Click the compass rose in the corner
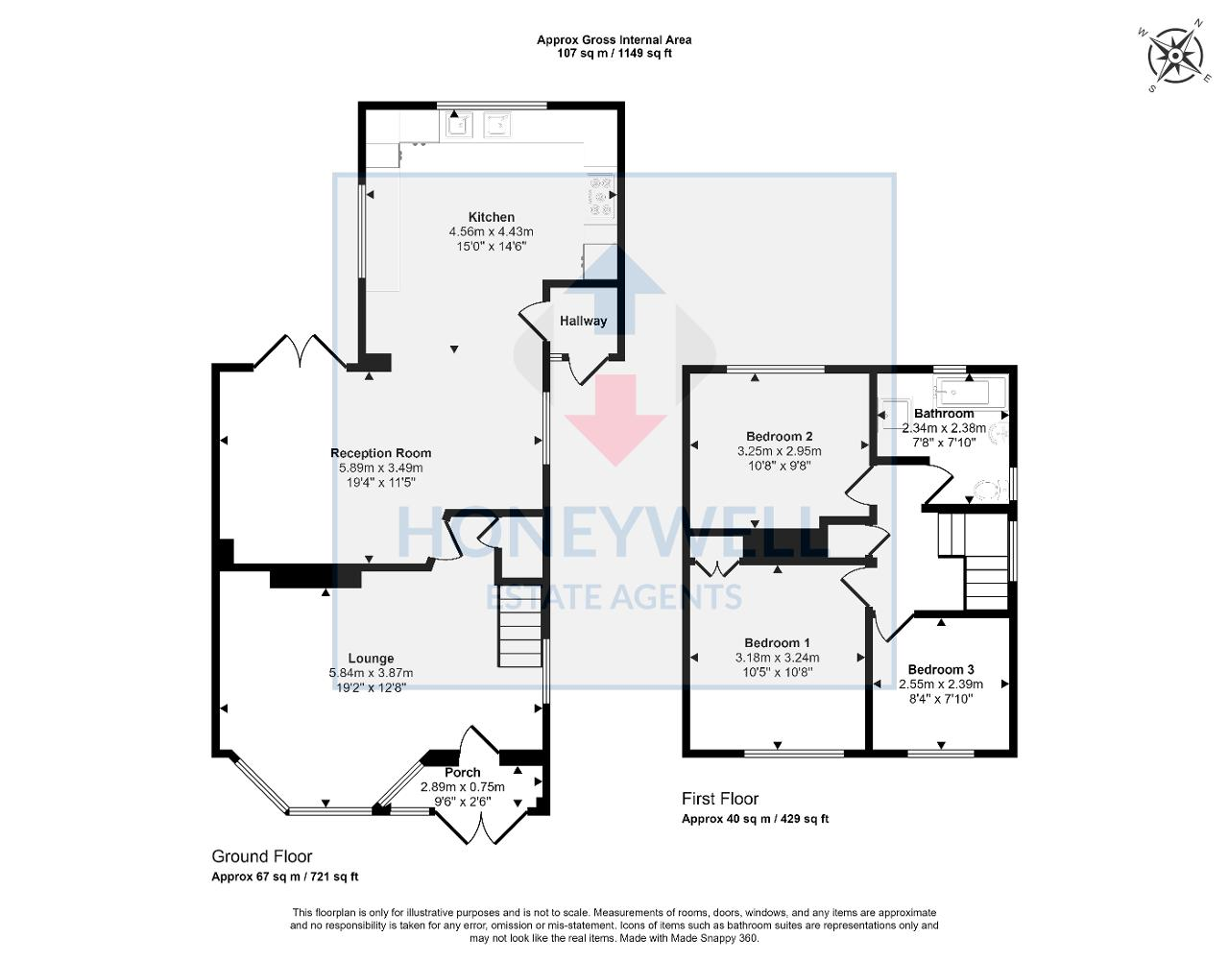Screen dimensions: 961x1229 click(x=1174, y=57)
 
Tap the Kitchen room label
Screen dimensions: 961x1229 click(x=491, y=217)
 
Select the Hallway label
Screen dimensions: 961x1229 click(x=583, y=321)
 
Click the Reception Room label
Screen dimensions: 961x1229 click(x=380, y=453)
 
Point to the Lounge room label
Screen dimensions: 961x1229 click(x=371, y=659)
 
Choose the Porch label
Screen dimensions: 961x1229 click(x=463, y=773)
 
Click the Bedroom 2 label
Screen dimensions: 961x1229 click(x=779, y=437)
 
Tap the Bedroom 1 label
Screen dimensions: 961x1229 click(x=777, y=643)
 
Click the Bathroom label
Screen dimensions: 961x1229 click(x=944, y=414)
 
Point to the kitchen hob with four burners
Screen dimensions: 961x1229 click(x=601, y=196)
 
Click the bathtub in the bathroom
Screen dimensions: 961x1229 click(x=969, y=391)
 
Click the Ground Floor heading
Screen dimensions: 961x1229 click(x=261, y=856)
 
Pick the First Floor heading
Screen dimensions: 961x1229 click(x=720, y=799)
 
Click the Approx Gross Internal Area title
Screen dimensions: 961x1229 click(x=614, y=40)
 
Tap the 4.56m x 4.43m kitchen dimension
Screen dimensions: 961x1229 click(x=491, y=231)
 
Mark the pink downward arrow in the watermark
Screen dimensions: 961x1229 click(x=615, y=419)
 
